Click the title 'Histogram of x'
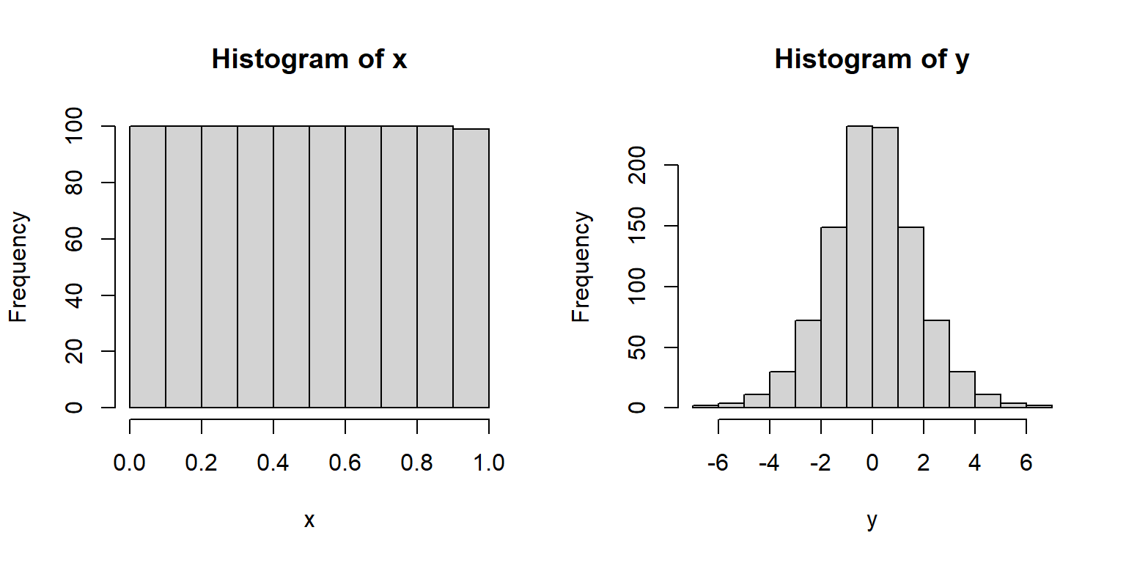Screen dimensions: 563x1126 [309, 59]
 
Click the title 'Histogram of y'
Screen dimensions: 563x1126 [872, 59]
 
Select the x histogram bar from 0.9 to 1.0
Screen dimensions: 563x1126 [471, 268]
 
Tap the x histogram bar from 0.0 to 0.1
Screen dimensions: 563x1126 [147, 267]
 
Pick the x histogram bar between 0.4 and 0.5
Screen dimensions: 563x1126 [291, 267]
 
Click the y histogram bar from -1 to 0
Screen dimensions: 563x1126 [859, 267]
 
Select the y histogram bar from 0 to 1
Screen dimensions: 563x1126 [885, 268]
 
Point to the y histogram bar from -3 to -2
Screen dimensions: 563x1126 [808, 364]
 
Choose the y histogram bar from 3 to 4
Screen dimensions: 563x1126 [962, 389]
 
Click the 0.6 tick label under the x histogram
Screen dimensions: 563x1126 [345, 463]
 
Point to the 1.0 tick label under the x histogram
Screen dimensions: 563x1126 [489, 463]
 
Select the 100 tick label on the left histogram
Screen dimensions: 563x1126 [74, 127]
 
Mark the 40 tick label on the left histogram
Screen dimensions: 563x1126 [74, 295]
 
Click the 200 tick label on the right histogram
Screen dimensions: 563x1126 [637, 166]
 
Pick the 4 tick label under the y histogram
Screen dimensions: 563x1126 [975, 463]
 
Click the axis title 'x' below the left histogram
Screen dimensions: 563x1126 [309, 520]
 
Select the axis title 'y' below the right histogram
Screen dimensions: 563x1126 [872, 521]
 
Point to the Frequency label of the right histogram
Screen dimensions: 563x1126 [581, 267]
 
